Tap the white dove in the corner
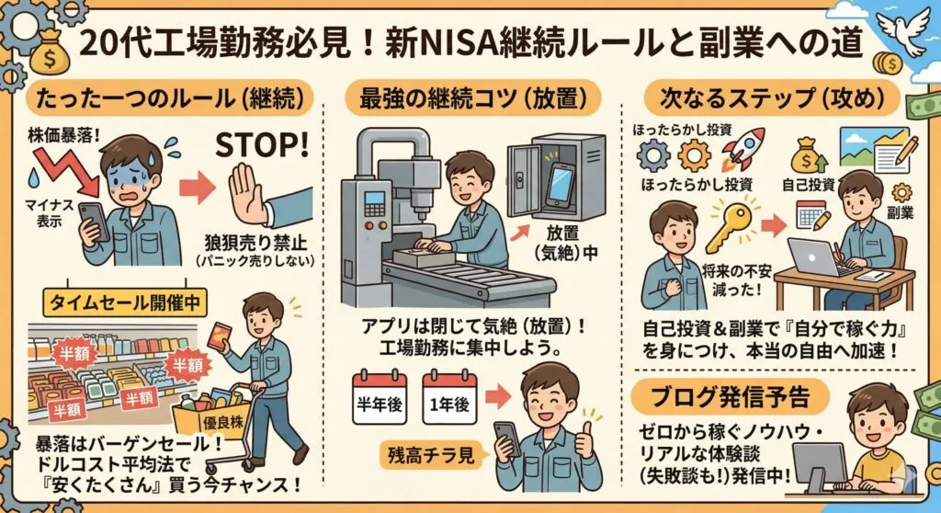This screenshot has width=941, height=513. tap(903, 30)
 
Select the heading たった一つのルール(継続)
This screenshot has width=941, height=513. tap(170, 99)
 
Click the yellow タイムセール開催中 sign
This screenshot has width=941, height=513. tap(125, 302)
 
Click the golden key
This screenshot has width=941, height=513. tap(730, 226)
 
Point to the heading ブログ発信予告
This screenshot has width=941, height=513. tap(730, 397)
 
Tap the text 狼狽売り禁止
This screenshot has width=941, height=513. tap(255, 244)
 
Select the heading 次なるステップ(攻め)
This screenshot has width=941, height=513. tap(772, 98)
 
